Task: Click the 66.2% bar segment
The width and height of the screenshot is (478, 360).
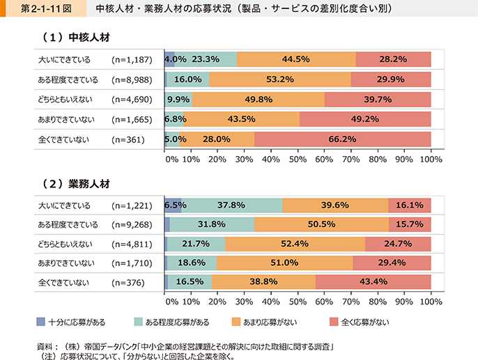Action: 343,139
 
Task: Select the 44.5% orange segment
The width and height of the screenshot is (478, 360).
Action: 296,60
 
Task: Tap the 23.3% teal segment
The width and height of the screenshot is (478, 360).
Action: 206,60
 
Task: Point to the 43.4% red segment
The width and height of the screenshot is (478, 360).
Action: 373,281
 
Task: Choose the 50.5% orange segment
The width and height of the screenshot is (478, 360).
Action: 322,224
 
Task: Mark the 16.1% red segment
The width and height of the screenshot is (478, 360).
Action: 410,205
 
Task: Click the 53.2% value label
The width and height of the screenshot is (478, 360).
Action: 280,79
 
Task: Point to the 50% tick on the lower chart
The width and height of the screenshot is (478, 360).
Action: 298,304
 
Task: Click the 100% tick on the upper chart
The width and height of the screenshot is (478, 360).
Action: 431,159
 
